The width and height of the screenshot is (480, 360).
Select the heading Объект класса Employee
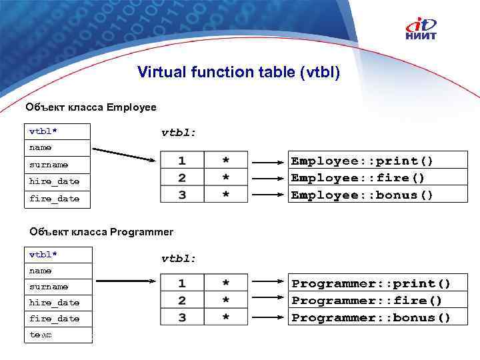pyautogui.click(x=91, y=107)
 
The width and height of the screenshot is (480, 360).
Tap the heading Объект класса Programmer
pyautogui.click(x=101, y=232)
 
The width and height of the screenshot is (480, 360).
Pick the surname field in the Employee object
pyautogui.click(x=57, y=164)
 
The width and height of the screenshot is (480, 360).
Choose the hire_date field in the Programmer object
pyautogui.click(x=57, y=303)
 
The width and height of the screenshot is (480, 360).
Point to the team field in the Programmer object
pyautogui.click(x=57, y=335)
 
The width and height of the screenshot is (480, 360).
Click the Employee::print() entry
pyautogui.click(x=362, y=161)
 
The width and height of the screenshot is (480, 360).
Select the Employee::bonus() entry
pyautogui.click(x=362, y=195)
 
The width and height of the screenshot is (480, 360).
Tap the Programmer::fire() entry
pyautogui.click(x=367, y=301)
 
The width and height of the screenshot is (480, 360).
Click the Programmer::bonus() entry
pyautogui.click(x=371, y=318)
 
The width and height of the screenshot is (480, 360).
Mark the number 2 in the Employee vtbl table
pyautogui.click(x=182, y=178)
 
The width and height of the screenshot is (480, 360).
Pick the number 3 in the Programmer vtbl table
pyautogui.click(x=182, y=318)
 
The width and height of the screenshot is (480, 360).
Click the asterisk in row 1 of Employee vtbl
pyautogui.click(x=225, y=161)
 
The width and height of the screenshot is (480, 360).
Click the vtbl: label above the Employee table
pyautogui.click(x=179, y=133)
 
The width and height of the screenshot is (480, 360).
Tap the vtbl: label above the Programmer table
pyautogui.click(x=179, y=258)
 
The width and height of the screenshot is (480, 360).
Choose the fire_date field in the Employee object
pyautogui.click(x=57, y=199)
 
